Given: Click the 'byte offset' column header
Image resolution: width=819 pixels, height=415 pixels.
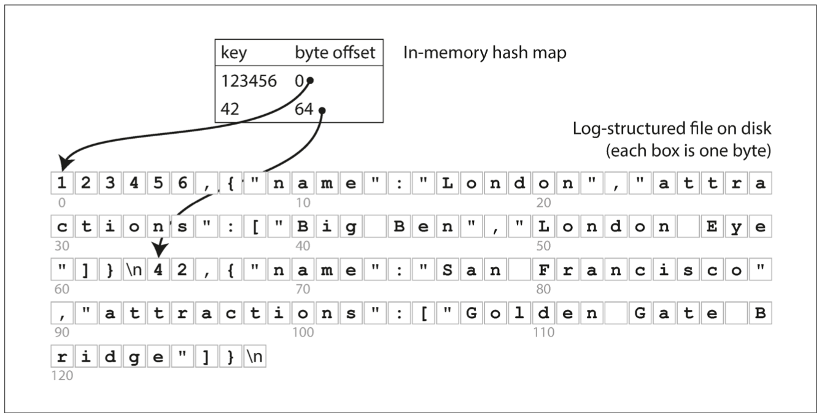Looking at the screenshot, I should click(335, 53).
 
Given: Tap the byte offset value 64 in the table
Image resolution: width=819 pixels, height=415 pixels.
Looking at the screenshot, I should click(303, 109).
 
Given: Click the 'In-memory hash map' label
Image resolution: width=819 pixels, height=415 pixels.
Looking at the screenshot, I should click(484, 53).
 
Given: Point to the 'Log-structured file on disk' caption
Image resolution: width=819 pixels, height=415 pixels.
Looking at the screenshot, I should click(671, 130).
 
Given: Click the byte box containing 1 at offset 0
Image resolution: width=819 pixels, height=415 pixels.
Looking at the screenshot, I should click(61, 184).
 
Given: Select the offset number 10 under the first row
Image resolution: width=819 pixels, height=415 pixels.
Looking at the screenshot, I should click(303, 202).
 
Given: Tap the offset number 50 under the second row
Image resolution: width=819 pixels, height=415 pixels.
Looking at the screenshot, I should click(543, 246).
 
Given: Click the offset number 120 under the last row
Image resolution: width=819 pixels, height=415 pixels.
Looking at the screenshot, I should click(62, 375).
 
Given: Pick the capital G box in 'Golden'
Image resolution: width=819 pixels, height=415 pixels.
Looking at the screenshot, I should click(471, 314).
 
